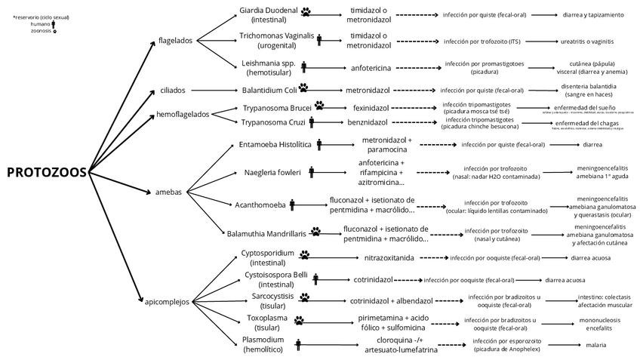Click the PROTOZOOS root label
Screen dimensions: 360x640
click(x=46, y=172)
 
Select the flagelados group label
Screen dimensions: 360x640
click(x=176, y=40)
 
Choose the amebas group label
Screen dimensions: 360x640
click(x=168, y=192)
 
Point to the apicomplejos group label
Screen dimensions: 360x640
click(x=167, y=302)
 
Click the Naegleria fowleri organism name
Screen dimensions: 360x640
click(x=272, y=172)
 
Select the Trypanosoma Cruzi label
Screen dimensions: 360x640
click(x=274, y=122)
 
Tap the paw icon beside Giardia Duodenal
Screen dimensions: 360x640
click(x=306, y=12)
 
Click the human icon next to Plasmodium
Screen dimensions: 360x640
click(x=299, y=345)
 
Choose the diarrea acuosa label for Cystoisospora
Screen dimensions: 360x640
click(x=565, y=279)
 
